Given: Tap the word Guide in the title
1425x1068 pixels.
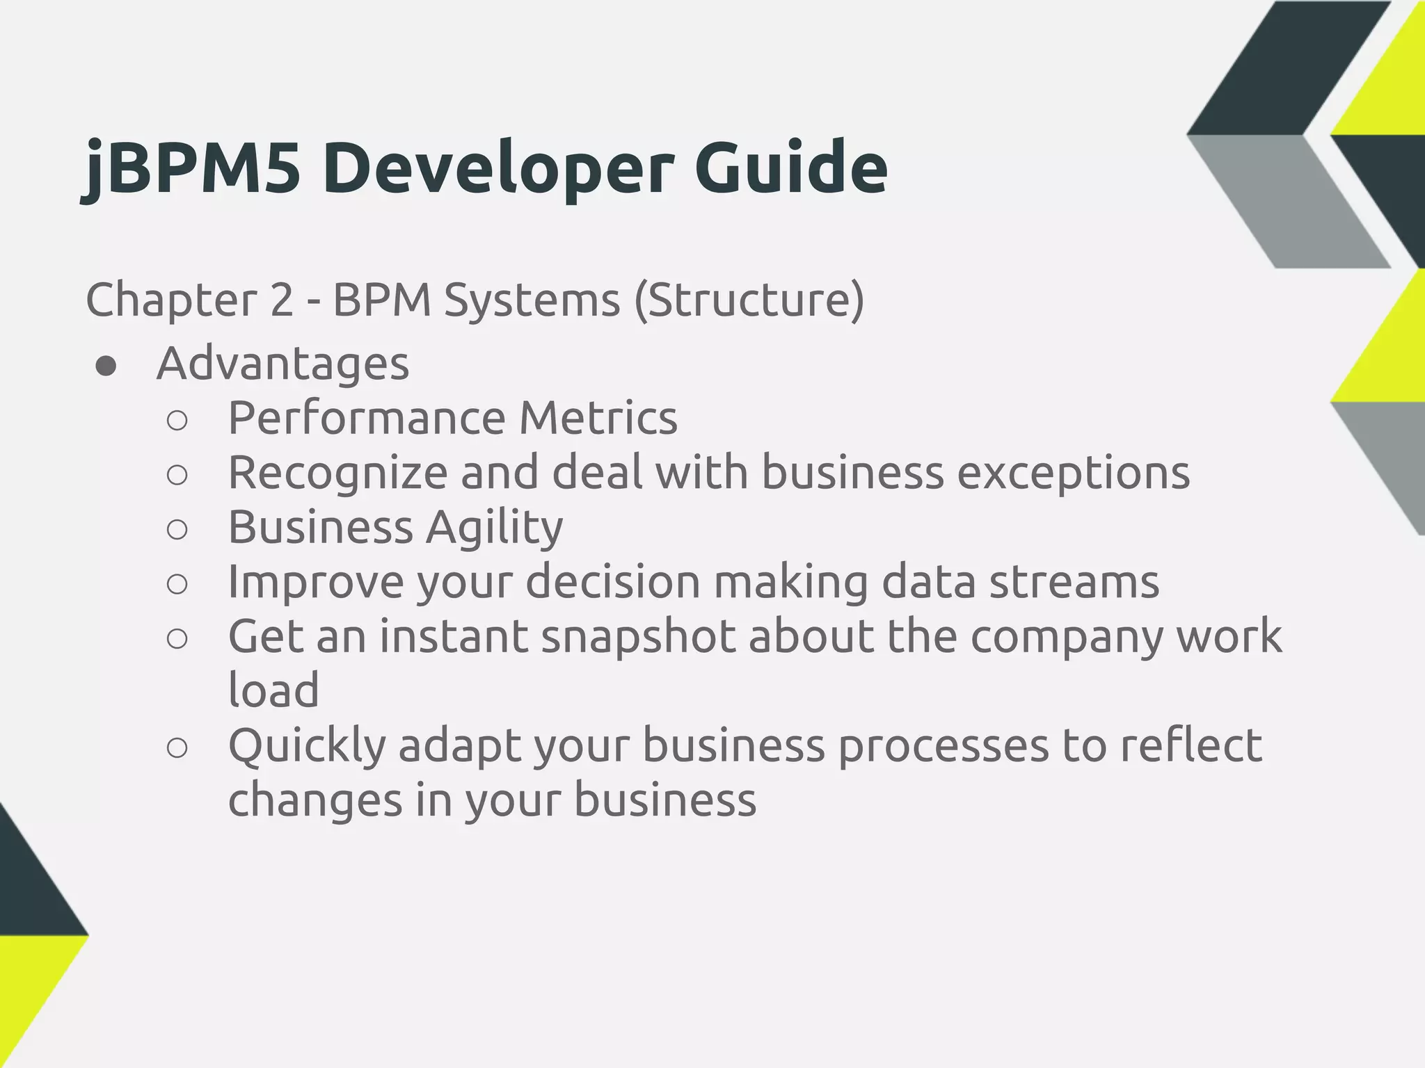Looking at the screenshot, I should point(790,168).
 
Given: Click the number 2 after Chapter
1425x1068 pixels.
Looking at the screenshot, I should point(280,300).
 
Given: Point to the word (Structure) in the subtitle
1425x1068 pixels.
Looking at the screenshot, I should point(749,300).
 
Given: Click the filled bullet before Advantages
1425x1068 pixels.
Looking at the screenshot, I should point(106,366).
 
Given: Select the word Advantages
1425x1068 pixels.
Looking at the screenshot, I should point(282,364).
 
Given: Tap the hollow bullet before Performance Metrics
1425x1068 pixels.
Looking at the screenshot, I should point(177,421).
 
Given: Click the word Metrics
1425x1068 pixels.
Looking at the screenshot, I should point(598,418).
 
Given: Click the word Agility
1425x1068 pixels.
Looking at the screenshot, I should point(494,528).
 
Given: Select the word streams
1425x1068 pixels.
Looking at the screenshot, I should point(1074,581).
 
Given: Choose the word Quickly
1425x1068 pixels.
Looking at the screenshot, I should point(307,746).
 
